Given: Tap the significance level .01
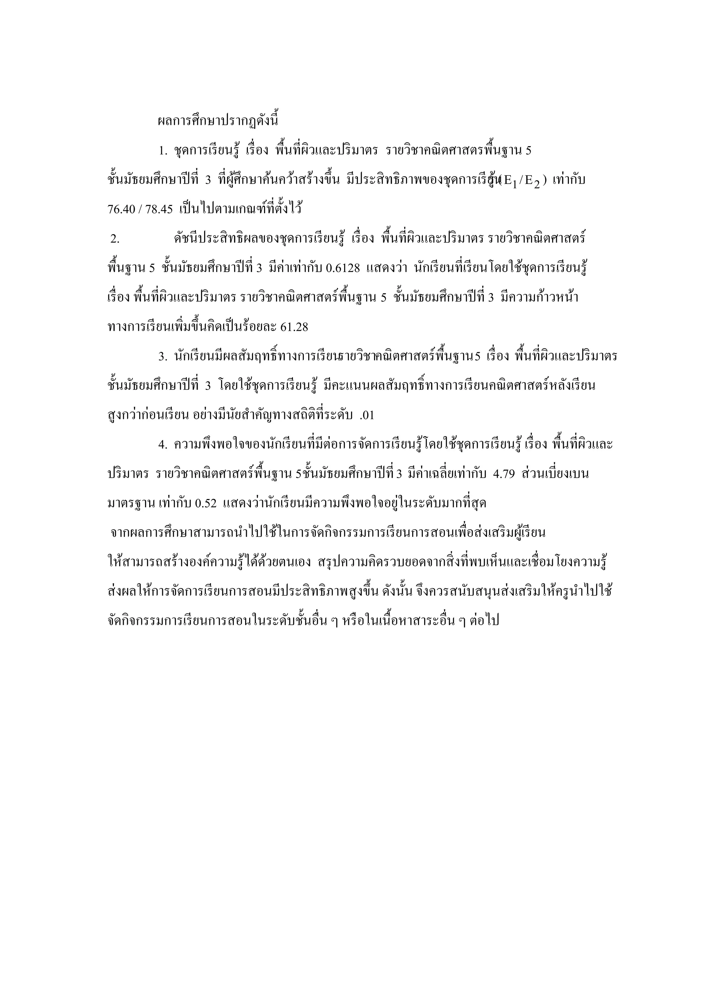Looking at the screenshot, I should [367, 415].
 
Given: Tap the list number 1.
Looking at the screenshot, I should [163, 151].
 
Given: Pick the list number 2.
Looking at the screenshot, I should [114, 239].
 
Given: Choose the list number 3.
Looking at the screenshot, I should [163, 357].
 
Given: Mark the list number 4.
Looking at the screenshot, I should [163, 445].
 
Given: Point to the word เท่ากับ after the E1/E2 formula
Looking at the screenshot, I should [569, 180].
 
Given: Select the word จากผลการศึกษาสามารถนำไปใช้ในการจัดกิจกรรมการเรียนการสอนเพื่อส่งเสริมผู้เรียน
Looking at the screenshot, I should [328, 533].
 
